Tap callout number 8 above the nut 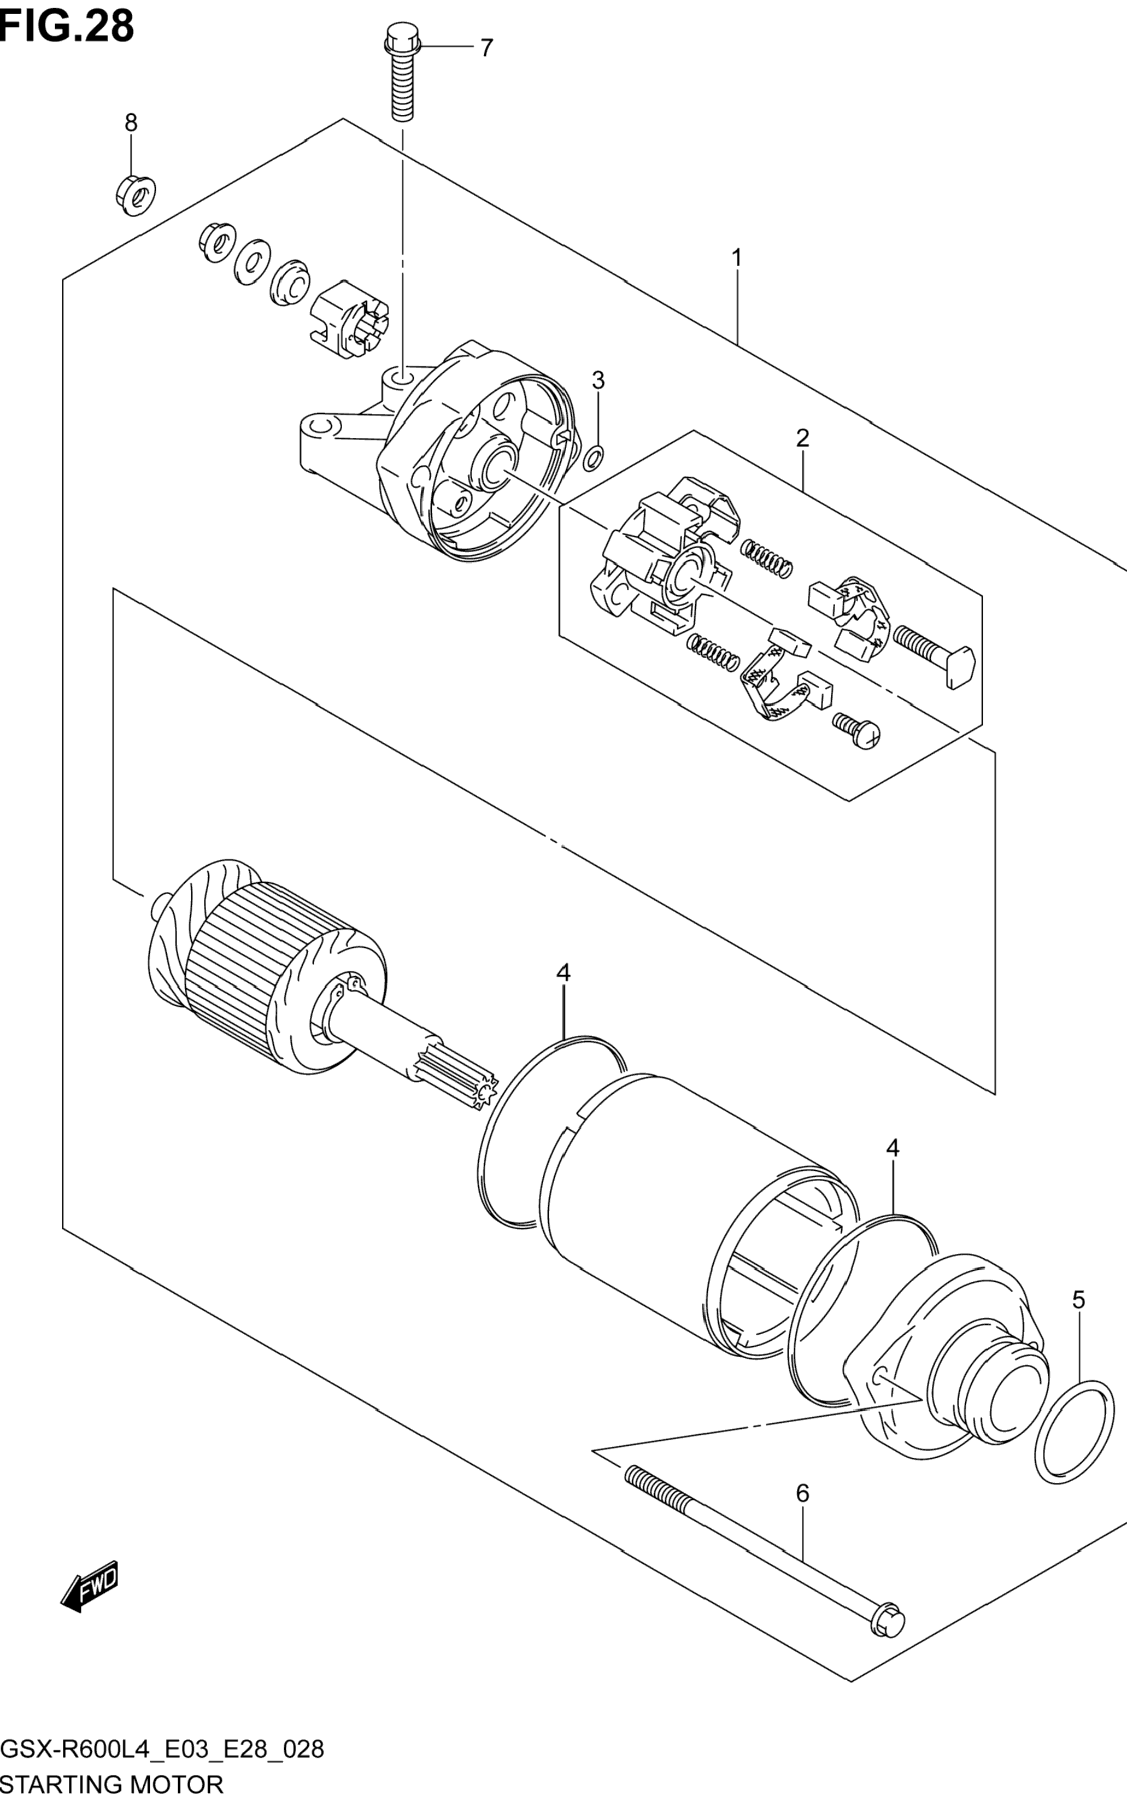point(131,122)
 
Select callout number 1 point(736,259)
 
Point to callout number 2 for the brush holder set point(802,438)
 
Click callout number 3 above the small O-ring point(598,380)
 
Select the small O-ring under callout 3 point(594,459)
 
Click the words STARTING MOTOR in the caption point(113,1784)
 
